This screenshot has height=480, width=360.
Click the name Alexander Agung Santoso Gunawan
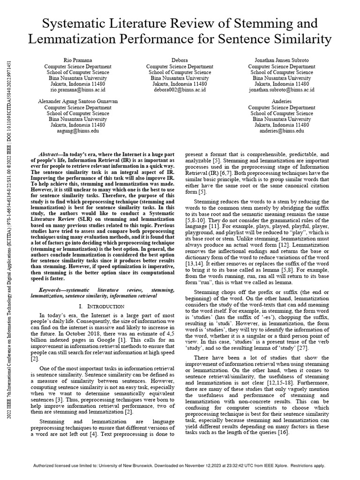point(78,102)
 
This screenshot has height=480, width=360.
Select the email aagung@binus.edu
point(78,131)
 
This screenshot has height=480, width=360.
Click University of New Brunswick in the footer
point(134,466)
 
